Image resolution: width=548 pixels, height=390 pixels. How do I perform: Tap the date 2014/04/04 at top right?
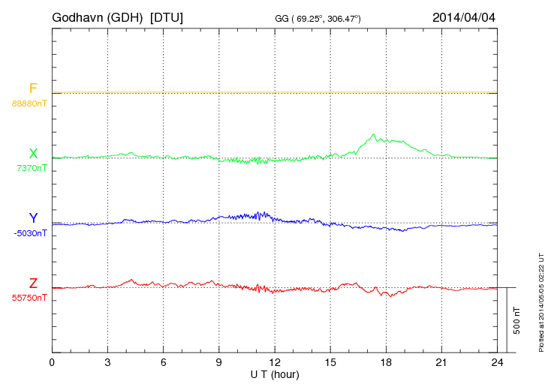(463, 16)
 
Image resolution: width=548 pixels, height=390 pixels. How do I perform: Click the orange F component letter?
(33, 88)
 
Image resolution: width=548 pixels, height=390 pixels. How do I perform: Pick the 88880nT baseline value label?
(29, 103)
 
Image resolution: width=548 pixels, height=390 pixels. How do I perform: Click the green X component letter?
(33, 154)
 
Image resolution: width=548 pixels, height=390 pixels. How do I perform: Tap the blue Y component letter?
(33, 218)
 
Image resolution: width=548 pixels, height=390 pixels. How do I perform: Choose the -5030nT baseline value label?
(30, 232)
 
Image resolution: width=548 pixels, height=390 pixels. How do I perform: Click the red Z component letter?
(33, 283)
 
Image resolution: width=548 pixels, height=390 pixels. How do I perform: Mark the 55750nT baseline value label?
(29, 298)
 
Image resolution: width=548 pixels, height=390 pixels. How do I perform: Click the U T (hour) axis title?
(275, 373)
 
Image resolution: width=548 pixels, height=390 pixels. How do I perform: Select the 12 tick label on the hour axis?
(275, 362)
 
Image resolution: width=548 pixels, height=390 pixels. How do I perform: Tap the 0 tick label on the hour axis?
(52, 362)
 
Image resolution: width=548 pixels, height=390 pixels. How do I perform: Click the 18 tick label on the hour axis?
(386, 362)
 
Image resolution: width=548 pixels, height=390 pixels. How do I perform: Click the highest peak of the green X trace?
(373, 134)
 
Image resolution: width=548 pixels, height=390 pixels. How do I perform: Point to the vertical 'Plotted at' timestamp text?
(540, 300)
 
